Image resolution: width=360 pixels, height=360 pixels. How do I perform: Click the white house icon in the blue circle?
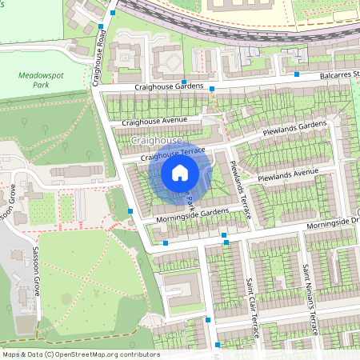[180, 173]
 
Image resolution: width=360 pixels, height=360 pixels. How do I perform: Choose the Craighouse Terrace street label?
[174, 154]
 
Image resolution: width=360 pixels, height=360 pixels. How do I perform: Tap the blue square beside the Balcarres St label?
[297, 74]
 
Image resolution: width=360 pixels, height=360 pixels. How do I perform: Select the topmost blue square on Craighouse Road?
[113, 13]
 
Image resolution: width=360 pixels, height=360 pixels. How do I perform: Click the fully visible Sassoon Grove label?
[35, 272]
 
